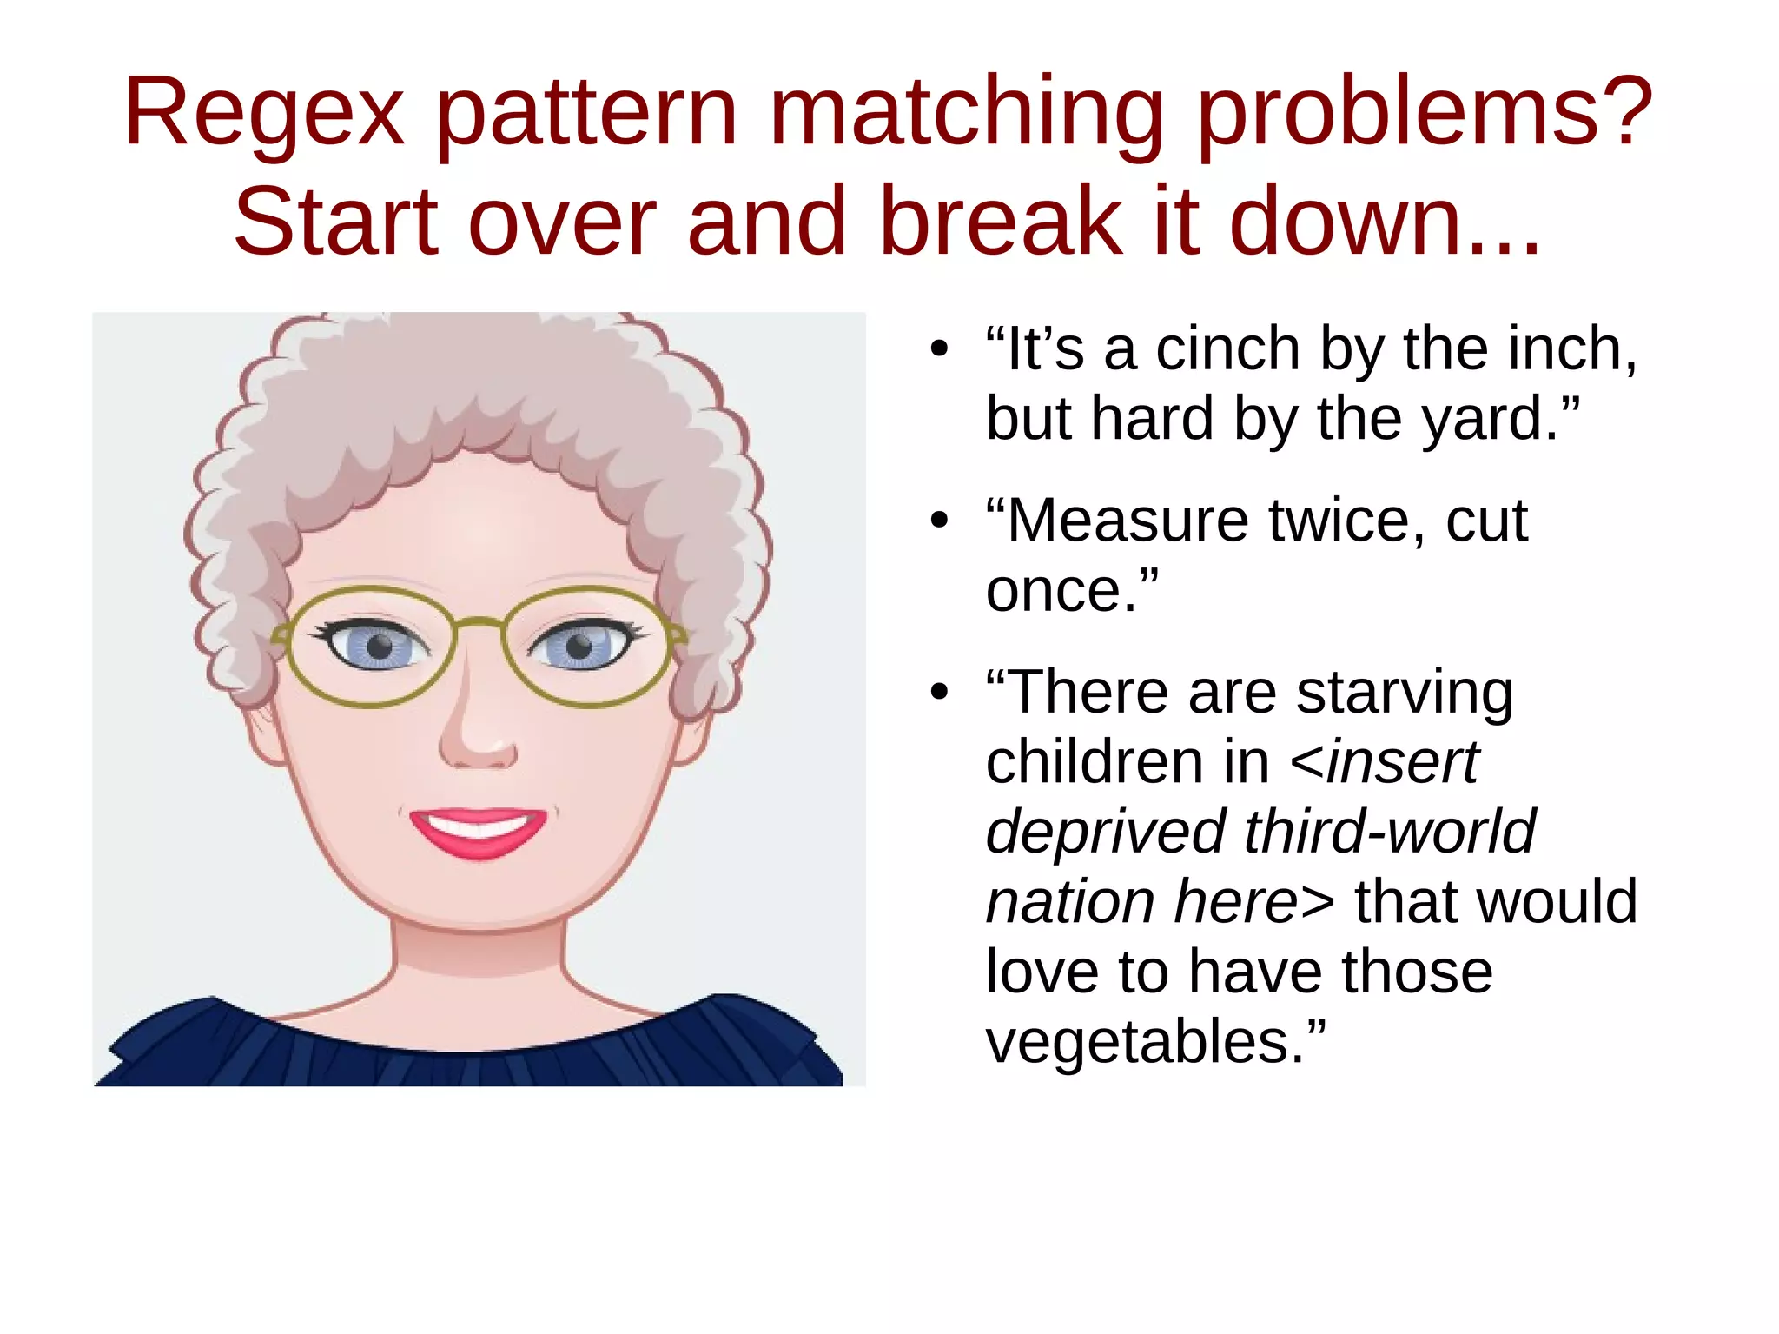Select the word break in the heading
1000,222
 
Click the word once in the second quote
1061,591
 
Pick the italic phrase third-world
1390,832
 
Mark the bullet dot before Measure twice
938,521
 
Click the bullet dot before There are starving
938,693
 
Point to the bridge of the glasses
479,621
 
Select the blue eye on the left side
378,647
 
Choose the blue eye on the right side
579,647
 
